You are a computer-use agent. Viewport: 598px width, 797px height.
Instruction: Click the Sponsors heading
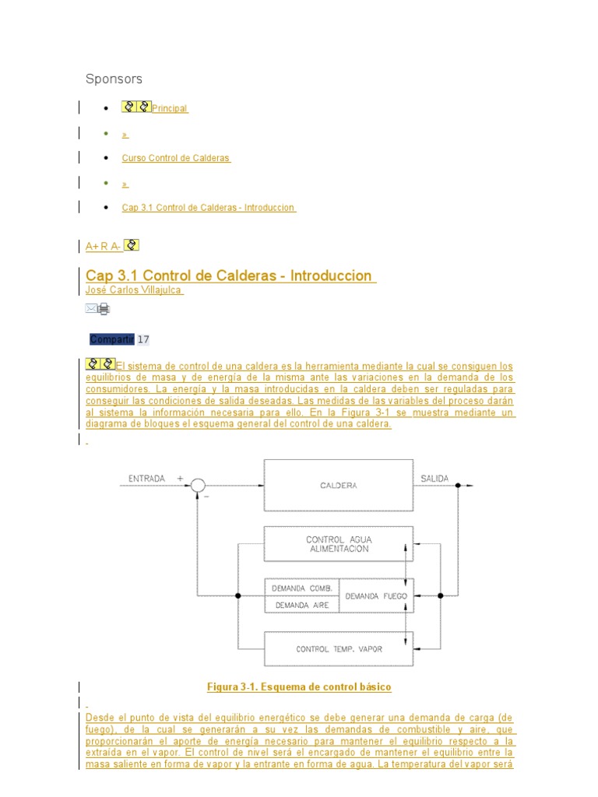[x=114, y=79]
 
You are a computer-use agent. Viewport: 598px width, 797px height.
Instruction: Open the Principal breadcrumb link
[x=170, y=109]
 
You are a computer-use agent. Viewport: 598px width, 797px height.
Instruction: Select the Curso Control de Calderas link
[x=176, y=158]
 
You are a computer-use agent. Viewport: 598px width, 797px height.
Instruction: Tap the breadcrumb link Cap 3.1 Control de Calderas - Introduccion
[x=209, y=208]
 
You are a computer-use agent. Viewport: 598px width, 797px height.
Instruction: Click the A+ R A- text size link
[x=104, y=247]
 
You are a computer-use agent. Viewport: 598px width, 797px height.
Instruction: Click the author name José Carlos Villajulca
[x=135, y=290]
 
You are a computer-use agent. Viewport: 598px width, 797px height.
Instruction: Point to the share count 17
[x=143, y=339]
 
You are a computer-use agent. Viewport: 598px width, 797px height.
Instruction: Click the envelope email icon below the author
[x=92, y=309]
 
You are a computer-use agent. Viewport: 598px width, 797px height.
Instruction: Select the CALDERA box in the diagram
[x=339, y=486]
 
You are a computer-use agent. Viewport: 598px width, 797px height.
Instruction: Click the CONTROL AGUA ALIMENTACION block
[x=338, y=543]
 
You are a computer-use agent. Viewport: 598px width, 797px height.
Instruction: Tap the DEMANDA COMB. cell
[x=302, y=588]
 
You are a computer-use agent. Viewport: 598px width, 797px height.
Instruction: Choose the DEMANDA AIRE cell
[x=302, y=605]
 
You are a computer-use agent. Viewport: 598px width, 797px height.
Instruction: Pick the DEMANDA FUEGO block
[x=377, y=596]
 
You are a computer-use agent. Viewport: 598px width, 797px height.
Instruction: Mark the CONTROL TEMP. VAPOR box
[x=339, y=649]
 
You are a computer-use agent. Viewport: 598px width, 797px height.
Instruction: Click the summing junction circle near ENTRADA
[x=198, y=486]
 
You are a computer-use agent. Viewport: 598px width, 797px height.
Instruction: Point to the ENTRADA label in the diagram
[x=146, y=479]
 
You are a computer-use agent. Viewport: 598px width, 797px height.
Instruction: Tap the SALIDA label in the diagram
[x=434, y=479]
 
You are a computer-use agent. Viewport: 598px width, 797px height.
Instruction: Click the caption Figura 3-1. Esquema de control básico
[x=299, y=687]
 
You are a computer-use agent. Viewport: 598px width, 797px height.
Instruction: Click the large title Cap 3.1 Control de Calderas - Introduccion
[x=229, y=276]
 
